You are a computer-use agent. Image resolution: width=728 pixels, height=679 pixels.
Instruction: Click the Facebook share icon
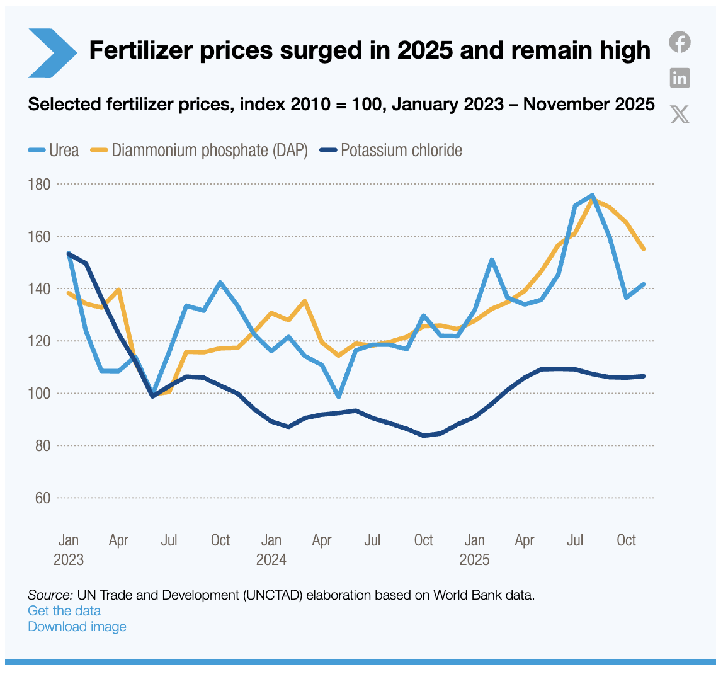[x=680, y=42]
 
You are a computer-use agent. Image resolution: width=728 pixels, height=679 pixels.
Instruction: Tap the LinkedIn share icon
[x=680, y=78]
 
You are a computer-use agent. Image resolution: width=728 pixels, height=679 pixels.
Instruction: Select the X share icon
[x=680, y=114]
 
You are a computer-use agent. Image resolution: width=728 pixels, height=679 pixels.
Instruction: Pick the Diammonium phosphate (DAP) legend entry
[x=200, y=151]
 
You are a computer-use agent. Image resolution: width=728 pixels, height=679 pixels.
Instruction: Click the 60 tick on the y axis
[x=42, y=498]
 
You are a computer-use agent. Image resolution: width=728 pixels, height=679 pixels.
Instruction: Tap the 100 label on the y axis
[x=38, y=394]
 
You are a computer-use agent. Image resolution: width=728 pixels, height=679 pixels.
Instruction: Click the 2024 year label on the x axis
[x=271, y=560]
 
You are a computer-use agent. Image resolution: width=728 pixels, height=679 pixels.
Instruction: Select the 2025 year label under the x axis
[x=474, y=560]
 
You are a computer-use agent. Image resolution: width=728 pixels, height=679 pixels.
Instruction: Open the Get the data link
[x=64, y=611]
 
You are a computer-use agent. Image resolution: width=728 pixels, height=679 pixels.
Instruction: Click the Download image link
[x=77, y=627]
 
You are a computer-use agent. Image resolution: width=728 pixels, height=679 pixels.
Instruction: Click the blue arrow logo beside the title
[x=52, y=53]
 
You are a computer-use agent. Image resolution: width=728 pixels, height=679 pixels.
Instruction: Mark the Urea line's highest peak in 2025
[x=592, y=195]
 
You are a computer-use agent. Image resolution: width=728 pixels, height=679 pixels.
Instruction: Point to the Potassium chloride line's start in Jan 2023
[x=69, y=254]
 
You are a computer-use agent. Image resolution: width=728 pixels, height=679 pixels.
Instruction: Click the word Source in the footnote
[x=49, y=595]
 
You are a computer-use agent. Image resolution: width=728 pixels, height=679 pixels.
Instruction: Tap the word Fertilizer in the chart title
[x=140, y=50]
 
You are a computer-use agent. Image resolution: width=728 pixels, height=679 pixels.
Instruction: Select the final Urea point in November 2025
[x=643, y=284]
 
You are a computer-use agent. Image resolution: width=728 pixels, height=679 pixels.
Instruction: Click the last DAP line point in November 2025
[x=643, y=249]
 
